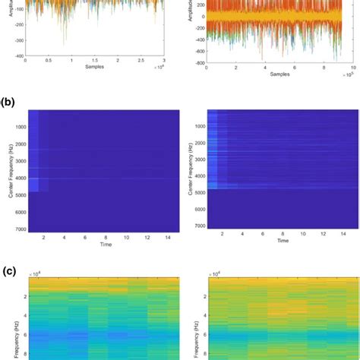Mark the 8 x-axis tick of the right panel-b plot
pos(282,234)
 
